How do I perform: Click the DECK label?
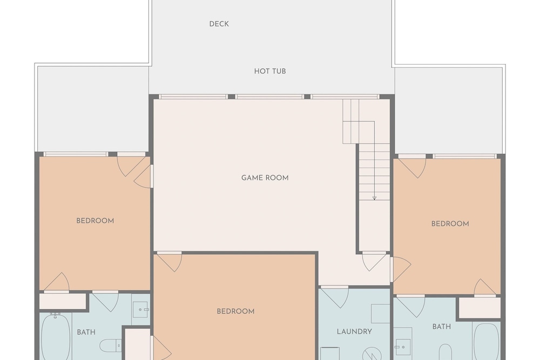[219, 24]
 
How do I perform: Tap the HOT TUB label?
[270, 71]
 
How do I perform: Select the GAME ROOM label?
[265, 178]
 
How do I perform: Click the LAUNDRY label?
[354, 331]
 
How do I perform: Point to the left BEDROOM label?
[95, 221]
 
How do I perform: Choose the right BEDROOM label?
[450, 223]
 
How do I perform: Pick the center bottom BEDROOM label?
[235, 311]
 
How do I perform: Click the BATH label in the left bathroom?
[86, 332]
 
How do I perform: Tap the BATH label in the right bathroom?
[442, 327]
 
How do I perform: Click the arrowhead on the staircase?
[374, 198]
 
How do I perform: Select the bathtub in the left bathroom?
[56, 337]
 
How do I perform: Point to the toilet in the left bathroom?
[111, 345]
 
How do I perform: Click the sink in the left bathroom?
[141, 310]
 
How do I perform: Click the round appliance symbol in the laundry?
[372, 354]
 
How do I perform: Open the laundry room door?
[334, 297]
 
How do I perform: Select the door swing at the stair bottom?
[374, 262]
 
